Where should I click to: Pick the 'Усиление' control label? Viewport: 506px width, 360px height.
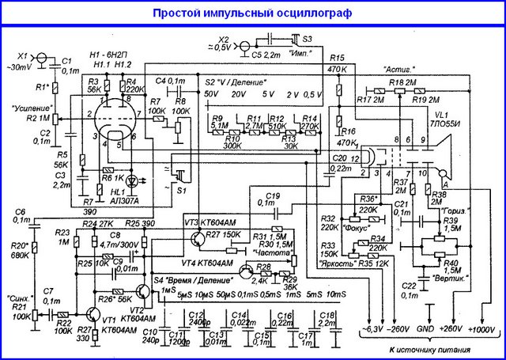coord(32,107)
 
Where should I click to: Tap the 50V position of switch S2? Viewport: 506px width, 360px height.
coord(210,94)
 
